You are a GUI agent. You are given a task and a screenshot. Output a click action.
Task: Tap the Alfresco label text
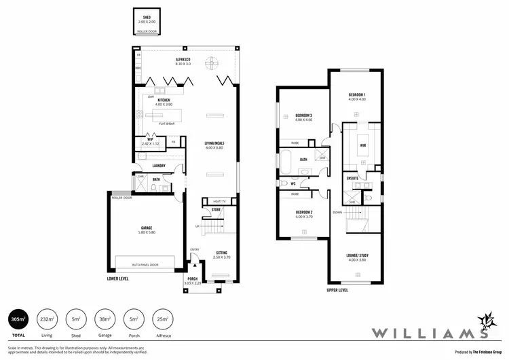coord(182,60)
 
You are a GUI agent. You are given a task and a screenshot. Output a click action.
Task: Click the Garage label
coord(147,228)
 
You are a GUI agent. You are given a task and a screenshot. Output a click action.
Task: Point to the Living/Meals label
coord(214,143)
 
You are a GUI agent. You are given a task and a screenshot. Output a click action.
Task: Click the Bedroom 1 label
coord(357,94)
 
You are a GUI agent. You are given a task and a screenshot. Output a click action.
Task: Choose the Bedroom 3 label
coord(303,115)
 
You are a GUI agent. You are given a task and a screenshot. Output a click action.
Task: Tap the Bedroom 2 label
coord(303,213)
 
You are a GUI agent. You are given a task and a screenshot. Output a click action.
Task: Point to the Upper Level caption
coord(337,290)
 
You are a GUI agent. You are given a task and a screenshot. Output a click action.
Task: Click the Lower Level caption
coord(118,278)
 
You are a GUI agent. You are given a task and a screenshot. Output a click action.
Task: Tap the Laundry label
coord(159,165)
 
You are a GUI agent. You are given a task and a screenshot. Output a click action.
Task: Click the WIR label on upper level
coord(363,145)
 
